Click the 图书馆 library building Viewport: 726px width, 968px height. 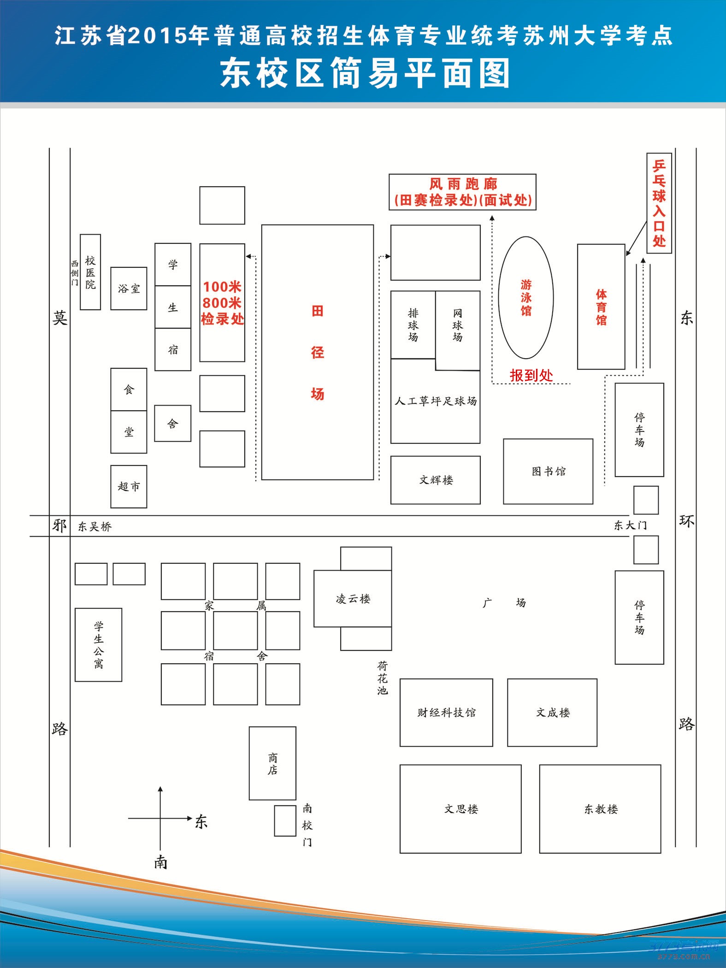(548, 471)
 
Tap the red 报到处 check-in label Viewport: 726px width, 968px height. (531, 375)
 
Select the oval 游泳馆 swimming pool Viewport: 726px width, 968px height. (526, 298)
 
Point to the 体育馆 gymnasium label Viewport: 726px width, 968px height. (601, 307)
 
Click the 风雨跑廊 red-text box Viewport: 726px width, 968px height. (462, 192)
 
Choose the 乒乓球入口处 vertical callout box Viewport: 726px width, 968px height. (659, 203)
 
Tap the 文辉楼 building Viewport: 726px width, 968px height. (436, 480)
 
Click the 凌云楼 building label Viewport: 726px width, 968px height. (353, 599)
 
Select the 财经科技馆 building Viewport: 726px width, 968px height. (446, 713)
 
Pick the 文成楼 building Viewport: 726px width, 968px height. (552, 713)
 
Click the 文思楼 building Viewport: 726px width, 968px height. (460, 809)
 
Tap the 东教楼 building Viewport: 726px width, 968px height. (600, 809)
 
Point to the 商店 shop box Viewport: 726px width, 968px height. (272, 763)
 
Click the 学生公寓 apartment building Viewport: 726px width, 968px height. (99, 645)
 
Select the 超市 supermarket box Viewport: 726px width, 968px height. (129, 486)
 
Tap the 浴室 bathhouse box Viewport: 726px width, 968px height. (129, 289)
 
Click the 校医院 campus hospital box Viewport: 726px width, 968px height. (90, 272)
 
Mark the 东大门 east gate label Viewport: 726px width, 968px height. (630, 525)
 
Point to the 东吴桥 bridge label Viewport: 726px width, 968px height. (94, 526)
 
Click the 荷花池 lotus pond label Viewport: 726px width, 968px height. (383, 678)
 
